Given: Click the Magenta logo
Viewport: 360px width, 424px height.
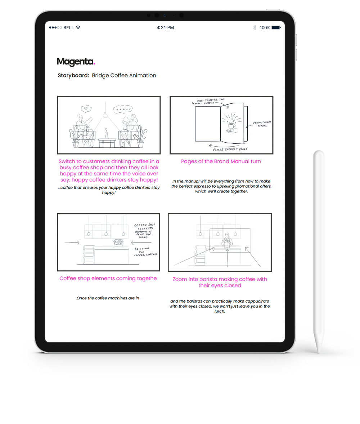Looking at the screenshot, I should [76, 62].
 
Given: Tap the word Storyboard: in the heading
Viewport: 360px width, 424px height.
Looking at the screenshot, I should [73, 76].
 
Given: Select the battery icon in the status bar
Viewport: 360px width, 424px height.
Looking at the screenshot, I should [276, 27].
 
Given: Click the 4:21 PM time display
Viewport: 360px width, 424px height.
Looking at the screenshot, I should [165, 28].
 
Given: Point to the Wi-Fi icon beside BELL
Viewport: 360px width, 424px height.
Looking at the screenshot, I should [78, 27].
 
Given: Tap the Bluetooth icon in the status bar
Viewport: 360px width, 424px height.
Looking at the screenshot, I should [255, 27].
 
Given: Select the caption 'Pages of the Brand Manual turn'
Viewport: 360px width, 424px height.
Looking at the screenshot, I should [221, 161].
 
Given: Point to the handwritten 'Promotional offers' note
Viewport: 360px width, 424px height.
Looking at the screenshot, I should [262, 124].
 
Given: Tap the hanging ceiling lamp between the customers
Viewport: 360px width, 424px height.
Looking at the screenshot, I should [105, 115].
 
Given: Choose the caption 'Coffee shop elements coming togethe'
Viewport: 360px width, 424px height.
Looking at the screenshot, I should [108, 278].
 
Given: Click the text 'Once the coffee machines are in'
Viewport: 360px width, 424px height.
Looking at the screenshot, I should [108, 298].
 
